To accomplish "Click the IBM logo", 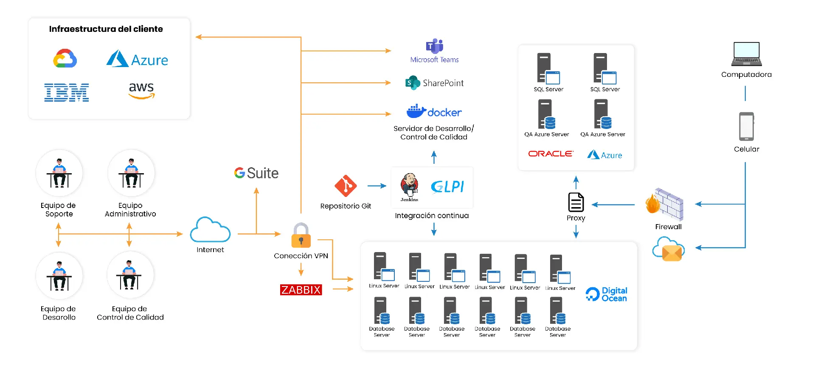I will [x=67, y=93].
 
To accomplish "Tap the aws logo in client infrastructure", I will [x=141, y=90].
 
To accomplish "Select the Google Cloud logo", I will [x=65, y=59].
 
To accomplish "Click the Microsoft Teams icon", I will [x=434, y=46].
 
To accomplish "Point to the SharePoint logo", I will [x=413, y=83].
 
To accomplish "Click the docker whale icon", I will [x=416, y=111].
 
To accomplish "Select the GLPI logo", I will [x=447, y=187].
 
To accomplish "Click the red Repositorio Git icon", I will [x=346, y=186].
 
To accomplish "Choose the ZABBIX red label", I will [x=301, y=290].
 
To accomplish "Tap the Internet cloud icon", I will [x=210, y=230].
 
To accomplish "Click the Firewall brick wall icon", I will [x=665, y=204].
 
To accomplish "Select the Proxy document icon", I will [x=576, y=202].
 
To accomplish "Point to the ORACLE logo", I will [x=551, y=154].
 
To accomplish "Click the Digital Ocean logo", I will [x=606, y=294].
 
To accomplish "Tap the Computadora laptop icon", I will [x=746, y=54].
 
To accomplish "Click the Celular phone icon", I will [x=746, y=126].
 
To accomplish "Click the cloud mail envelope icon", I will [x=669, y=250].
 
